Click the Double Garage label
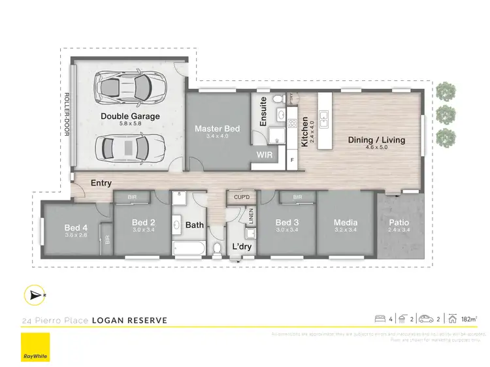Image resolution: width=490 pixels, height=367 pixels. pos(130,116)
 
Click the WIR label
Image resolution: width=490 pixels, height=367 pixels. pos(265,155)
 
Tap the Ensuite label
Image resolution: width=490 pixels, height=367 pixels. pos(263,112)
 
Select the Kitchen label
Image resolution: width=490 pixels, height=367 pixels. pos(304,132)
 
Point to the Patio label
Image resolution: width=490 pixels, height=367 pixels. pos(399,223)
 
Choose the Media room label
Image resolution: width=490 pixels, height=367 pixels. pos(345,223)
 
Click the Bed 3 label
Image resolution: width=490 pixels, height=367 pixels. pos(287,223)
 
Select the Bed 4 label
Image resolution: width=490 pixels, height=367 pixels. pos(76,227)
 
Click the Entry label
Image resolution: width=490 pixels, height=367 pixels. pos(101,183)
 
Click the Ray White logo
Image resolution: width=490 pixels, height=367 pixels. pos(35,347)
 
